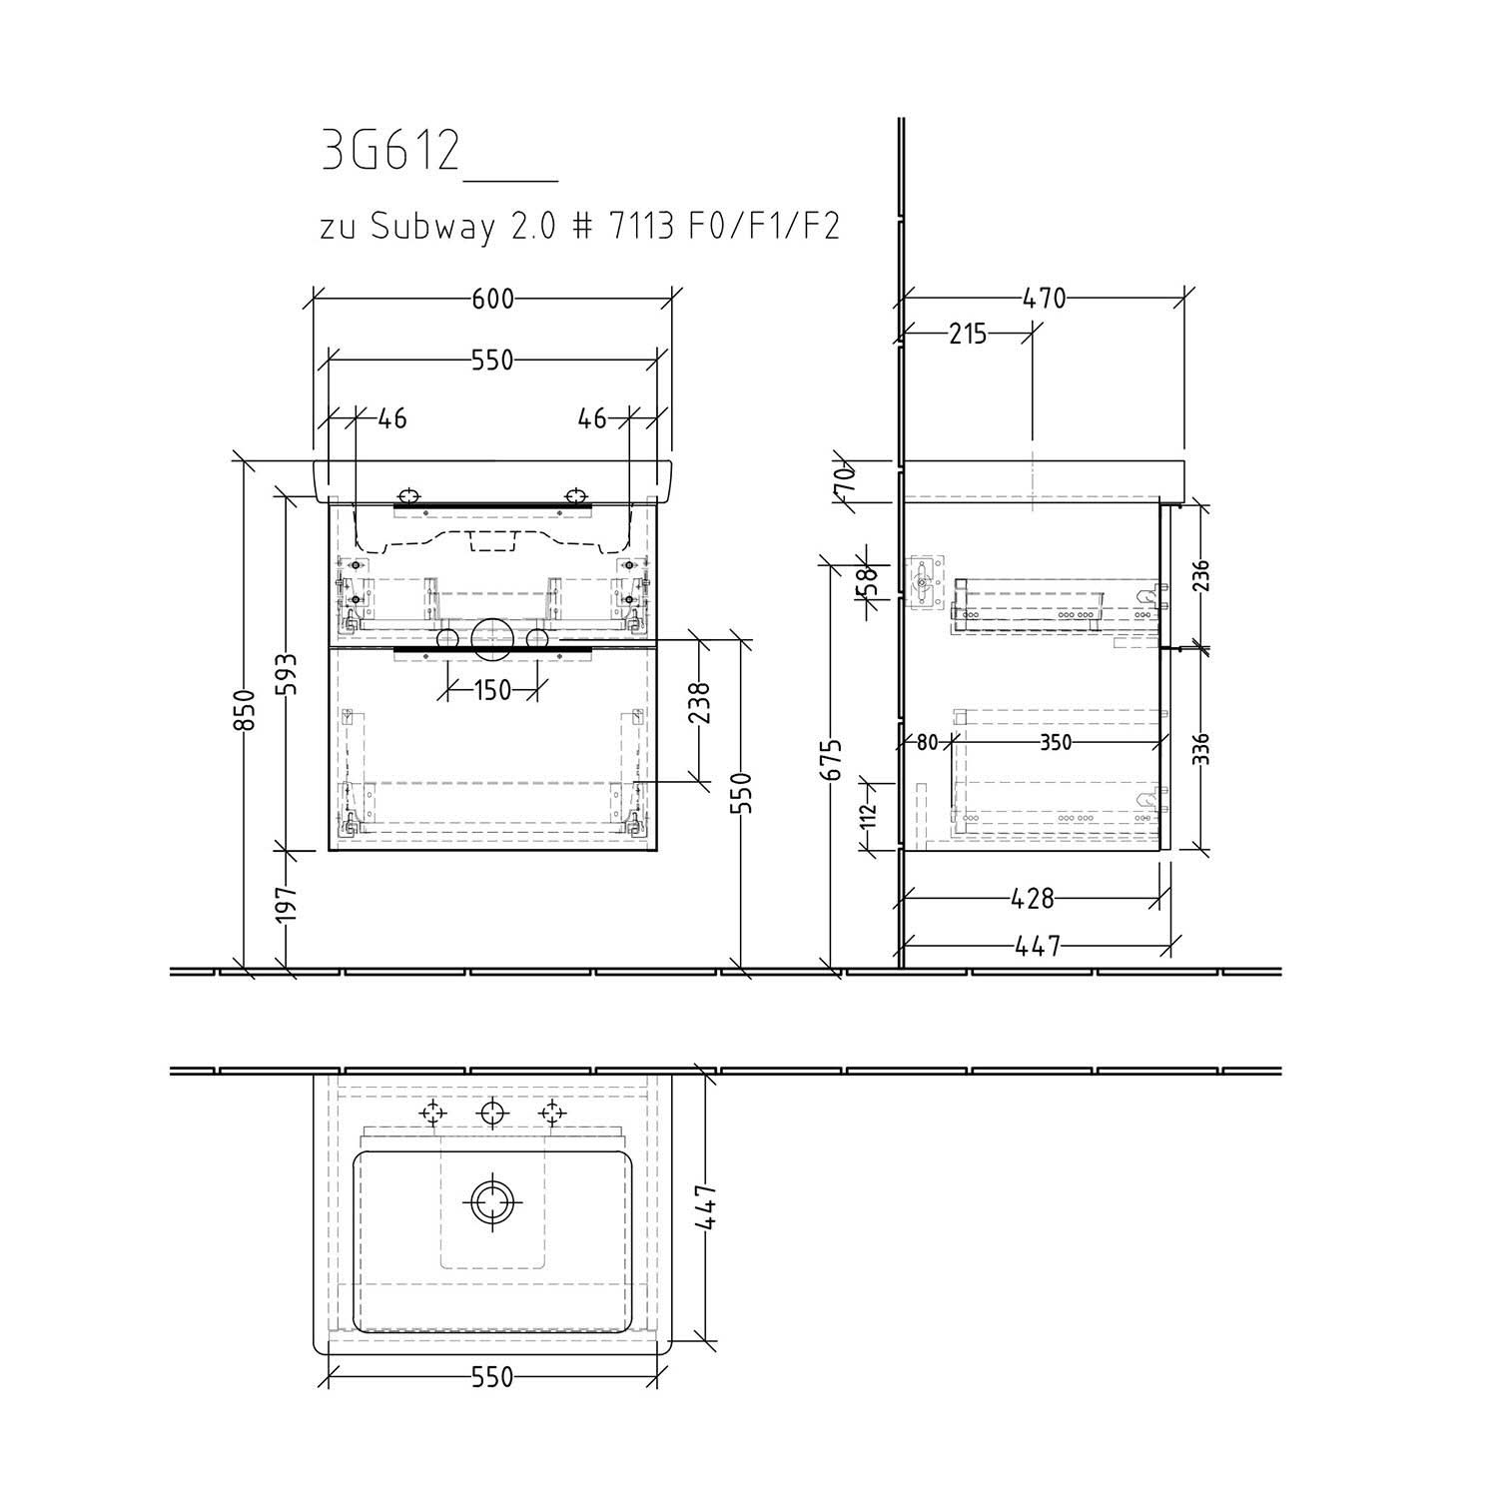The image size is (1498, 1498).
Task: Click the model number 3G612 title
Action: [391, 152]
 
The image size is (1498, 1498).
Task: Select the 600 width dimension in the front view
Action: [493, 299]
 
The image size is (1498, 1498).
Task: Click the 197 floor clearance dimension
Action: [287, 907]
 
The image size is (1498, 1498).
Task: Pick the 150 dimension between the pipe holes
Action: [493, 690]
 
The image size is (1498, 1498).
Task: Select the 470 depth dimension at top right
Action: [1045, 299]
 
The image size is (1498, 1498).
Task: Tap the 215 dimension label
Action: [967, 334]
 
